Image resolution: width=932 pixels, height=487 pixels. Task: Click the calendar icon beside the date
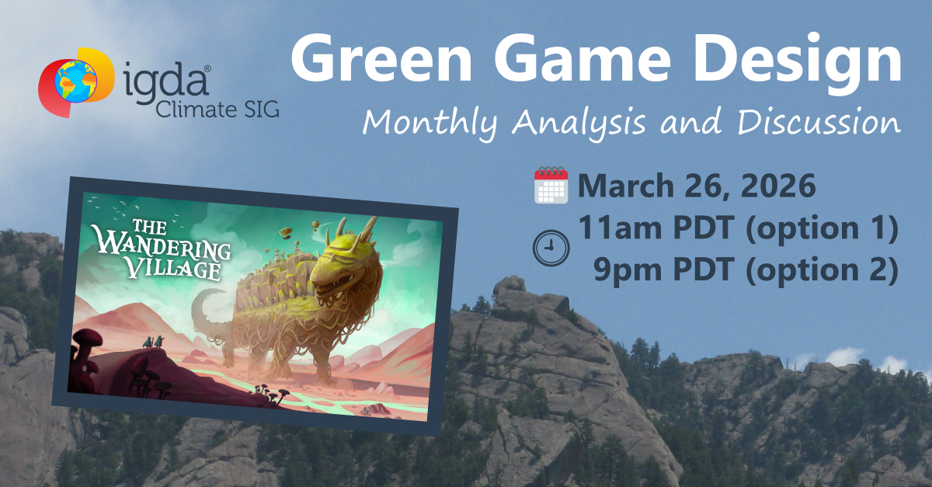pos(551,185)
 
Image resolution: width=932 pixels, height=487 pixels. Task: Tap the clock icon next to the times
pos(551,248)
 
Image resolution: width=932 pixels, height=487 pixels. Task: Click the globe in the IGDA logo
pos(76,81)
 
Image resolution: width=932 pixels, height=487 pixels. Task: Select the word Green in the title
pos(381,58)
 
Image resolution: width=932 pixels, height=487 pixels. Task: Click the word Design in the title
pos(798,63)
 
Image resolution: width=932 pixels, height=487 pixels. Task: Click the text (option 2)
pos(822,270)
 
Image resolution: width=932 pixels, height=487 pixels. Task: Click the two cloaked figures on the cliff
pos(154,342)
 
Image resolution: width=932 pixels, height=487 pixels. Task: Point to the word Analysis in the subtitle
pos(579,123)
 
